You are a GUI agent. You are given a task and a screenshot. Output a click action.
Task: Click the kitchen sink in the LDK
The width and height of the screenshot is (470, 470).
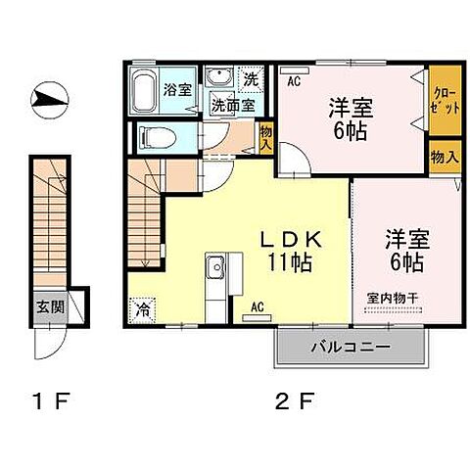click(x=215, y=266)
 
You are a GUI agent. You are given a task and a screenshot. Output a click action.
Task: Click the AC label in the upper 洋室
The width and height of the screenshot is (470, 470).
click(x=293, y=82)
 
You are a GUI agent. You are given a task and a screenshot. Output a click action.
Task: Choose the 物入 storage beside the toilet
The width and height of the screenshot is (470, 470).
click(x=265, y=137)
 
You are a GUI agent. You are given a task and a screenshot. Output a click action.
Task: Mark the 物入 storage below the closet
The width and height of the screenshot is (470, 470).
click(x=444, y=157)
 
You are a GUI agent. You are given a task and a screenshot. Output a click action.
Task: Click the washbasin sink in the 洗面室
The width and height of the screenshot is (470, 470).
click(x=217, y=77)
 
